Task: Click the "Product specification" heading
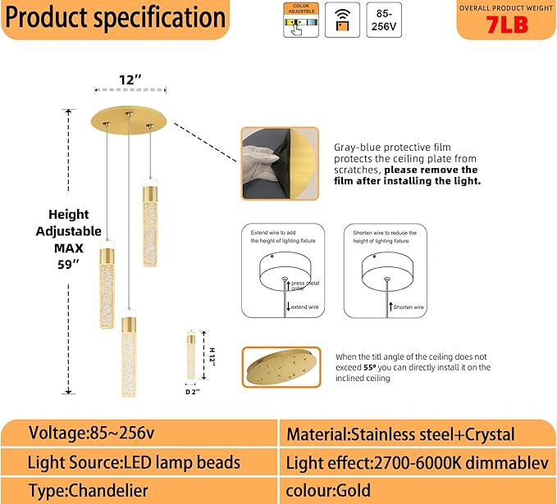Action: pos(115,18)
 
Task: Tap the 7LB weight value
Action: pos(506,25)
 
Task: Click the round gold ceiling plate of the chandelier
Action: pos(129,117)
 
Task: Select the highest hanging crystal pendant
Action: pos(150,211)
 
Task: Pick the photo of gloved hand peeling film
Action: pos(279,164)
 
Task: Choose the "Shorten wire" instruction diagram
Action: pos(385,271)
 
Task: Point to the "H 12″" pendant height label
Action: pos(211,355)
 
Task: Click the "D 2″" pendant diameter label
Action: pos(191,391)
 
